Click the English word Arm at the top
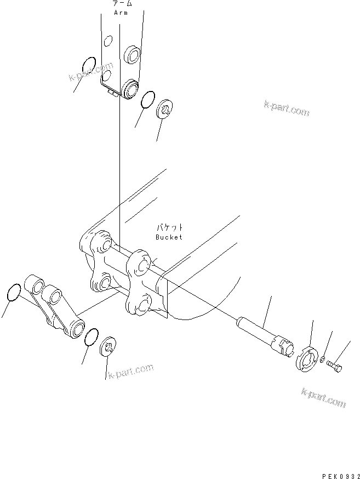tap(121, 13)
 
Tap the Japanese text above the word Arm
tap(121, 4)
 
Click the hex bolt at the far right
tap(335, 366)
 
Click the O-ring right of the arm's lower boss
tap(147, 100)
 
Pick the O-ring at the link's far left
tap(15, 293)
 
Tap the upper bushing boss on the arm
tap(133, 55)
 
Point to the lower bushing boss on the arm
tap(130, 88)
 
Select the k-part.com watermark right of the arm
tap(286, 108)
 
